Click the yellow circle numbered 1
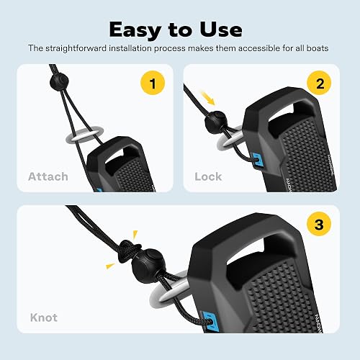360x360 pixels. (153, 83)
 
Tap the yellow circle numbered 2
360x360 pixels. (319, 83)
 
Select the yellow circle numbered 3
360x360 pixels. (319, 224)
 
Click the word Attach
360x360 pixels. (48, 176)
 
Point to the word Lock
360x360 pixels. (208, 176)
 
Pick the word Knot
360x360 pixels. (44, 318)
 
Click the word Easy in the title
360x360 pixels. (135, 30)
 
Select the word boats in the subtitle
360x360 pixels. (318, 48)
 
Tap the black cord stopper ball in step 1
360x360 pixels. (59, 82)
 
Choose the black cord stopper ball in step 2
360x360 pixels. (216, 121)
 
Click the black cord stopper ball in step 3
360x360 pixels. (148, 263)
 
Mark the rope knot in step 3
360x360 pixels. (129, 251)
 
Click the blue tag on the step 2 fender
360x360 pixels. (258, 160)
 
